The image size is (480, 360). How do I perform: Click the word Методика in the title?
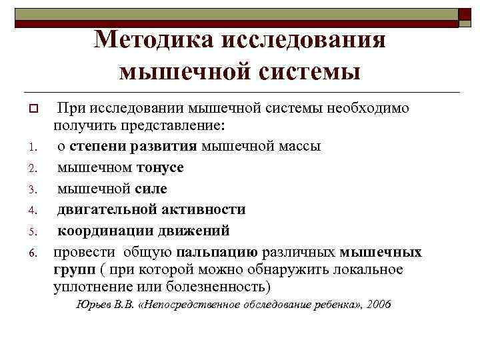click(x=153, y=41)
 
